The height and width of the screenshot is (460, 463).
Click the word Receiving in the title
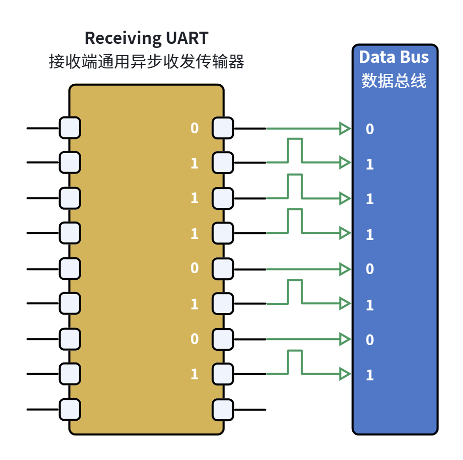123,39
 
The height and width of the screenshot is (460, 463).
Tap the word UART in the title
187,38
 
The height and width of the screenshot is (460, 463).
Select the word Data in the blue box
376,57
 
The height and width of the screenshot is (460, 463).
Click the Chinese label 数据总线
394,80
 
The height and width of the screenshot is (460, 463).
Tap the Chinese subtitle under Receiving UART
147,61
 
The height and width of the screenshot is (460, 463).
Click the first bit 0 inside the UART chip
194,128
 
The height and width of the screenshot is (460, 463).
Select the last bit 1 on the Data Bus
370,375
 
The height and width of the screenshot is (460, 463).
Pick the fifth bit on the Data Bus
370,269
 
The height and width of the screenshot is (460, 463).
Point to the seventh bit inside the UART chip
194,339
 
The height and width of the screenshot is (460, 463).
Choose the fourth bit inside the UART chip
194,234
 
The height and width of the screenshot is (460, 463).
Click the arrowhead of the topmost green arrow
345,129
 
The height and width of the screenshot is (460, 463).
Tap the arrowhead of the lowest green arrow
345,374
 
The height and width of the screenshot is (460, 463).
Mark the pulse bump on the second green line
295,139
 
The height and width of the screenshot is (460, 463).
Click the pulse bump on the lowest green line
295,351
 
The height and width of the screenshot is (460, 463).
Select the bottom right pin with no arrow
223,410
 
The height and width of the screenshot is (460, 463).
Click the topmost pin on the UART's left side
70,128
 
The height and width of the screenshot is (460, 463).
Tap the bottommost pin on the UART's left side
70,409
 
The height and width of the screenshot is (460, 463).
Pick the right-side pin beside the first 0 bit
223,128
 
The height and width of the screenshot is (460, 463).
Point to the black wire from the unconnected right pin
250,410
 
